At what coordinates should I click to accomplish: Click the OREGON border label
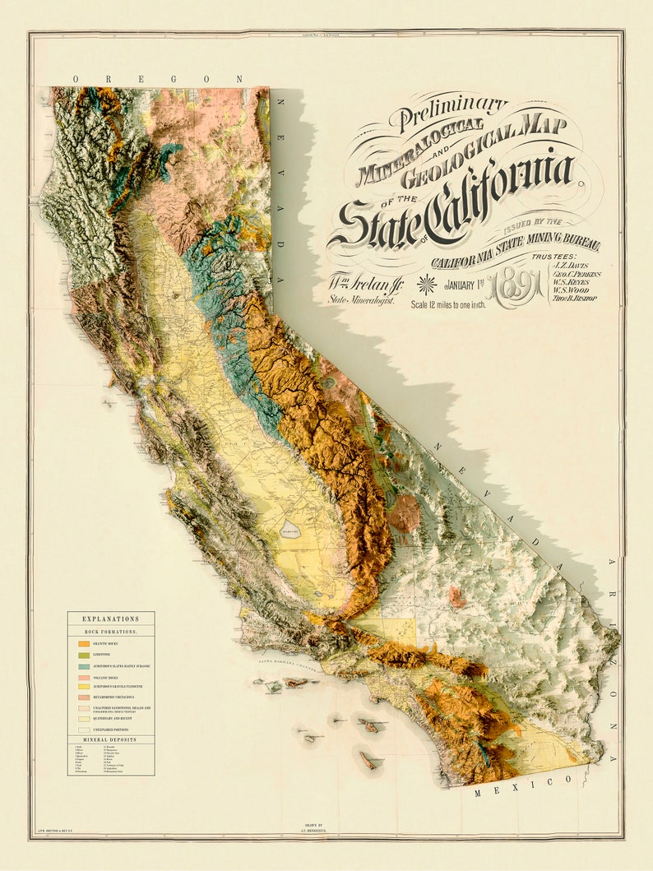coord(157,79)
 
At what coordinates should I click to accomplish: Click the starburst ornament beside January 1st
coord(427,285)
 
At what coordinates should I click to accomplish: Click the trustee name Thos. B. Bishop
coord(577,298)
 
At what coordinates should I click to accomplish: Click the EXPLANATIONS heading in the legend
coord(110,619)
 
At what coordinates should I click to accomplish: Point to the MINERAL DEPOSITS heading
coord(110,739)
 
